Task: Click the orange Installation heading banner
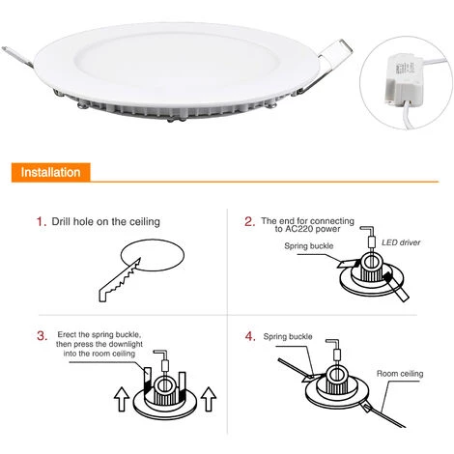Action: pyautogui.click(x=51, y=173)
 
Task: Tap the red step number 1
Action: pyautogui.click(x=42, y=222)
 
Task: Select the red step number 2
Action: pyautogui.click(x=250, y=221)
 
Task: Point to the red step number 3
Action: pyautogui.click(x=42, y=335)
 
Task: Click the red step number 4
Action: pyautogui.click(x=250, y=336)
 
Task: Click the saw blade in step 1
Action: pyautogui.click(x=120, y=279)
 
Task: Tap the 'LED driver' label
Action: pyautogui.click(x=401, y=242)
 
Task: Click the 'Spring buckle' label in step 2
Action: pyautogui.click(x=309, y=246)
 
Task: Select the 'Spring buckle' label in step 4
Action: pyautogui.click(x=288, y=336)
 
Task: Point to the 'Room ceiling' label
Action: pyautogui.click(x=400, y=374)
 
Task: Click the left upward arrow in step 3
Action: pyautogui.click(x=122, y=399)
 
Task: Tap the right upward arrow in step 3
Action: pyautogui.click(x=209, y=399)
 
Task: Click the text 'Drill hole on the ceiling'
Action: pyautogui.click(x=105, y=222)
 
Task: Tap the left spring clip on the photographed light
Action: pyautogui.click(x=17, y=57)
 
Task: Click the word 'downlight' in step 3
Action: pyautogui.click(x=126, y=344)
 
